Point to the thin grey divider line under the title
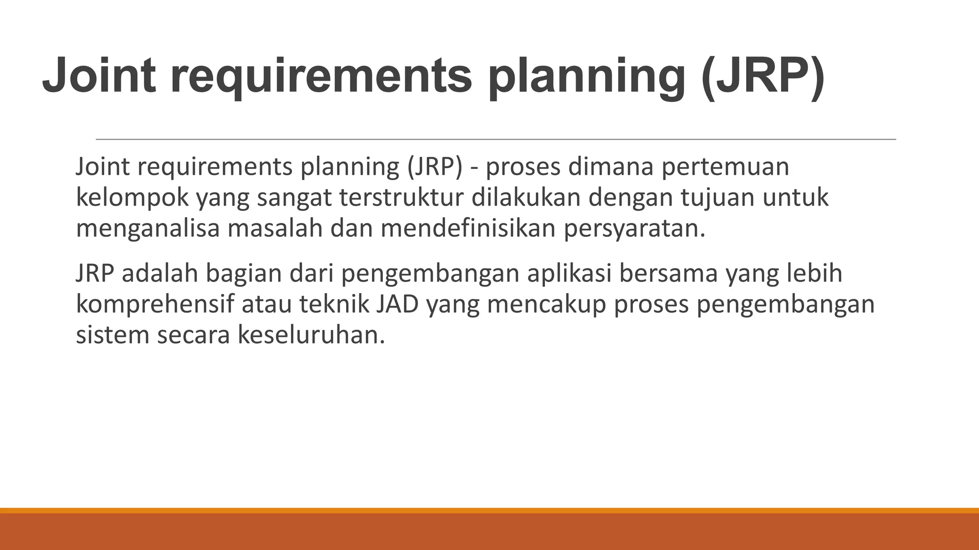(x=495, y=139)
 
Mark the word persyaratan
(x=634, y=228)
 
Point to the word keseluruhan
(x=311, y=335)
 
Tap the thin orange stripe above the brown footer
(x=489, y=510)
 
